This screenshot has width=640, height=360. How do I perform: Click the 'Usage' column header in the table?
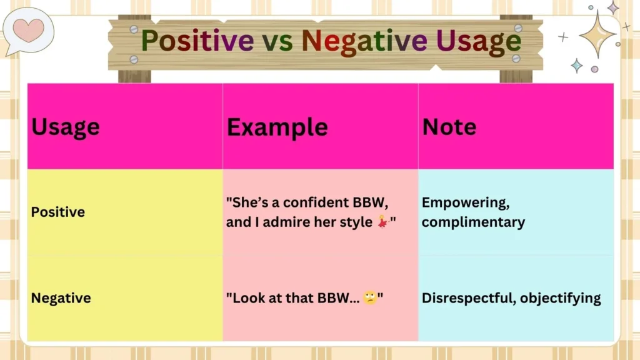[66, 127]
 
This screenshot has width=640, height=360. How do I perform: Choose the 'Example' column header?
[277, 127]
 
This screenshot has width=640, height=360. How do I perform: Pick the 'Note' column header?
[449, 127]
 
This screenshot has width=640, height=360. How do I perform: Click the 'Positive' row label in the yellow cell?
[57, 212]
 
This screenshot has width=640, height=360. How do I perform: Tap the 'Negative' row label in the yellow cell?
[61, 298]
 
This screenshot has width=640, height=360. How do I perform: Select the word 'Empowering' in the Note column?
[463, 202]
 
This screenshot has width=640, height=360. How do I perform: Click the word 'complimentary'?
[473, 222]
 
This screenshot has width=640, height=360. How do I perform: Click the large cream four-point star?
[597, 34]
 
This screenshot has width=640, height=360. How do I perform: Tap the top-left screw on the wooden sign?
[134, 29]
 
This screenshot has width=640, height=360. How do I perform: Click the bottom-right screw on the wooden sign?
[516, 58]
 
